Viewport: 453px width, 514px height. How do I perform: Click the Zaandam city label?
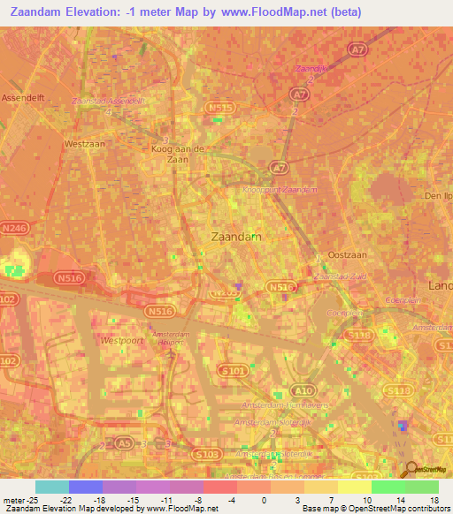pos(236,237)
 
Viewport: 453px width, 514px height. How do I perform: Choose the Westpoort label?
pos(121,340)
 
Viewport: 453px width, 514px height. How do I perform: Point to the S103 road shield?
pos(205,454)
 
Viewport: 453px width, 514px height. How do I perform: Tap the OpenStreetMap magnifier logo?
pos(411,470)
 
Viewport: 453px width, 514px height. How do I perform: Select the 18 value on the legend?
pos(434,500)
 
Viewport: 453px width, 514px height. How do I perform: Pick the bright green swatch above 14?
pos(388,487)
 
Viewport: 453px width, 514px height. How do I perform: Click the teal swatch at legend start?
pos(52,487)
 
